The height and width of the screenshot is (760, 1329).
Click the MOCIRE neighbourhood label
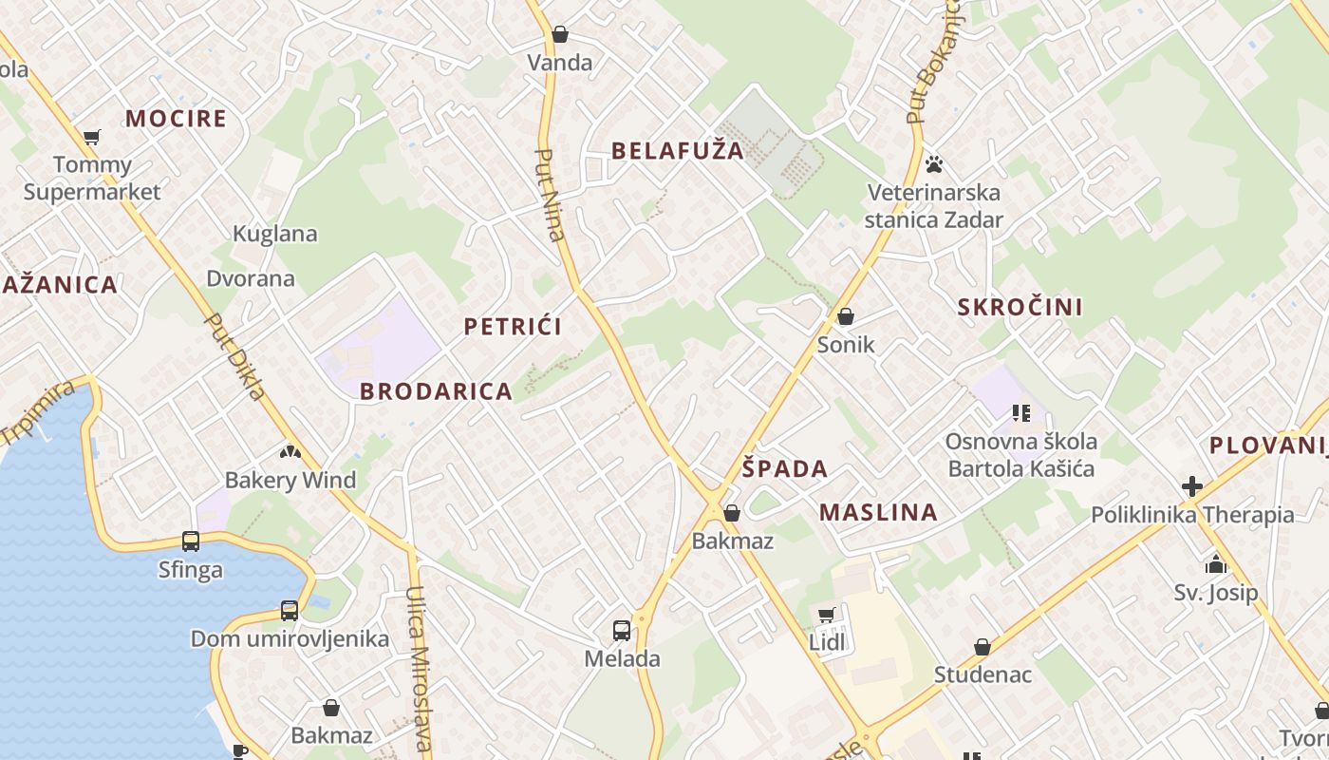pyautogui.click(x=176, y=119)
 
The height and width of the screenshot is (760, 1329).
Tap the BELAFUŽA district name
pyautogui.click(x=678, y=150)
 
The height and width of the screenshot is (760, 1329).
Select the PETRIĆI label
pyautogui.click(x=513, y=327)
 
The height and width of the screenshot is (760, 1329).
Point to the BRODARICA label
pyautogui.click(x=436, y=390)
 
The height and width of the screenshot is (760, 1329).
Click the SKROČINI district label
pyautogui.click(x=1020, y=307)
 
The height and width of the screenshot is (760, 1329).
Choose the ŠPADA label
pyautogui.click(x=785, y=468)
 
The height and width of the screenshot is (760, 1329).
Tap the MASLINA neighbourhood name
pyautogui.click(x=878, y=512)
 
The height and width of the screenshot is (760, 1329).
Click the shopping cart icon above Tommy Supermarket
pyautogui.click(x=92, y=138)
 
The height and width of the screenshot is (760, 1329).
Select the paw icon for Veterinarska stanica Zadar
pyautogui.click(x=934, y=164)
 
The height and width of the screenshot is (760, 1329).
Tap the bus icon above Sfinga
pyautogui.click(x=191, y=541)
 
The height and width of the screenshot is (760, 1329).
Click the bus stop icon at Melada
pyautogui.click(x=622, y=630)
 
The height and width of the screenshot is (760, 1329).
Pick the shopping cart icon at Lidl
pyautogui.click(x=827, y=615)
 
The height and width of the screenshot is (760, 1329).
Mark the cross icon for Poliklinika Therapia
pyautogui.click(x=1192, y=486)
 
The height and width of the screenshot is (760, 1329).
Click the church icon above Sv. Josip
pyautogui.click(x=1216, y=565)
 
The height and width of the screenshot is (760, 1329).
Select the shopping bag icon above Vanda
pyautogui.click(x=560, y=35)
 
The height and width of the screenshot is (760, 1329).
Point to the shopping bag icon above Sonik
pyautogui.click(x=846, y=316)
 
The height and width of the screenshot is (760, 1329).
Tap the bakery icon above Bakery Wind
pyautogui.click(x=290, y=452)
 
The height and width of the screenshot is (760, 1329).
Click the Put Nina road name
pyautogui.click(x=550, y=195)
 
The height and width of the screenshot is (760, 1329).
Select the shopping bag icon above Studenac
pyautogui.click(x=983, y=647)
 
